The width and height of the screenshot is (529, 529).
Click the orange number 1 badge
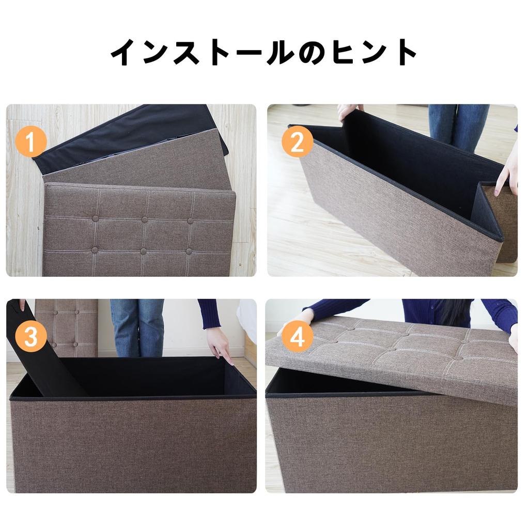tap(30, 142)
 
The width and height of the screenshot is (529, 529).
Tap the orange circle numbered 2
tap(297, 142)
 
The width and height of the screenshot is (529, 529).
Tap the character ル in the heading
tap(276, 52)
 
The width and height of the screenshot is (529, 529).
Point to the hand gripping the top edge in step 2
tap(348, 111)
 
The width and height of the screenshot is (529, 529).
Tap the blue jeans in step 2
tap(458, 127)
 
